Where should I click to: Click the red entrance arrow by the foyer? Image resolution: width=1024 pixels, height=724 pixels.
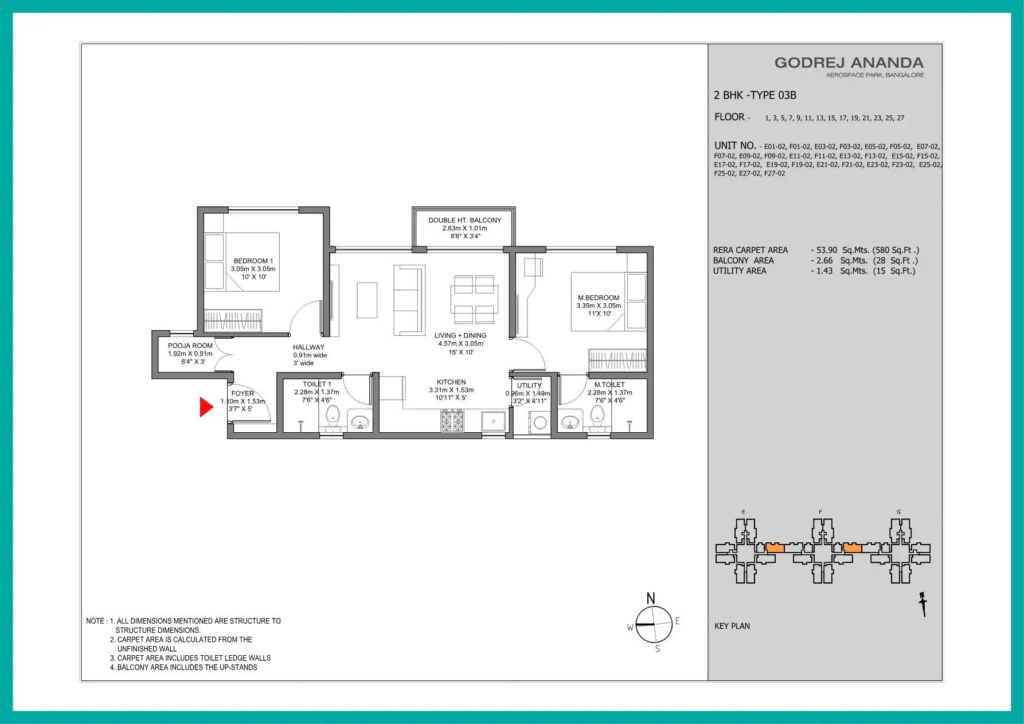(206, 407)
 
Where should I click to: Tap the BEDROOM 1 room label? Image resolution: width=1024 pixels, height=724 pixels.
(253, 261)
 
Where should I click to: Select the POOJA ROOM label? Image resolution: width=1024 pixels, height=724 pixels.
(190, 346)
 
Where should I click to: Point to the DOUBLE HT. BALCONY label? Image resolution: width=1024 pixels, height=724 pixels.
(465, 220)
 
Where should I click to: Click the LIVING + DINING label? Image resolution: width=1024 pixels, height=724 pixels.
(460, 336)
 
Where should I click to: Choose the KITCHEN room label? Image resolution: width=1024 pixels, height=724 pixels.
(451, 382)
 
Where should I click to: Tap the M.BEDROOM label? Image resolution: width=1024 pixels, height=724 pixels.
(599, 298)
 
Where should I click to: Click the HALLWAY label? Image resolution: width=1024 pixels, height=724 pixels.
(308, 347)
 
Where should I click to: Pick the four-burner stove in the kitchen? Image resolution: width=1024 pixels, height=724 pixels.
(452, 421)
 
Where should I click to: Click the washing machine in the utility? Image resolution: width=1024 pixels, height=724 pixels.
(540, 423)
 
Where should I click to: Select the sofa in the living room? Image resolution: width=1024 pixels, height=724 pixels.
(409, 300)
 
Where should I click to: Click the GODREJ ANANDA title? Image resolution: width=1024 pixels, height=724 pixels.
(849, 63)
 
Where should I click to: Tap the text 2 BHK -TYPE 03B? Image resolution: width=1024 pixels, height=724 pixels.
(755, 95)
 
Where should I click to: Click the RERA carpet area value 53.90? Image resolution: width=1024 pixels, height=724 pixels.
(827, 250)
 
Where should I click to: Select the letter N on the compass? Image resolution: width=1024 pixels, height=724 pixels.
(651, 598)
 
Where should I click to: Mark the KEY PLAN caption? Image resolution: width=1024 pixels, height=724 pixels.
(732, 626)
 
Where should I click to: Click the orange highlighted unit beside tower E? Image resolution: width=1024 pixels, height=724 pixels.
(775, 548)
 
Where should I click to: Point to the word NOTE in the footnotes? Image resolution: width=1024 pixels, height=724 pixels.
(95, 621)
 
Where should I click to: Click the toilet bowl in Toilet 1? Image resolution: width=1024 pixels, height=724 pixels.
(333, 417)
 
